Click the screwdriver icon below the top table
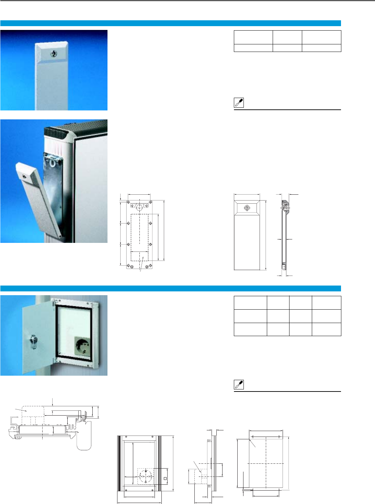click(x=238, y=103)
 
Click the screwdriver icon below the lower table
click(x=238, y=385)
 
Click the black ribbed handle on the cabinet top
click(x=57, y=131)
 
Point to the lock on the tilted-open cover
click(x=24, y=176)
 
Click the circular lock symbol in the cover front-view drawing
click(x=247, y=208)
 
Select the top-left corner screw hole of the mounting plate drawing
click(x=128, y=202)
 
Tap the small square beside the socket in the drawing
click(x=165, y=479)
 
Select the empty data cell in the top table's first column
click(x=253, y=48)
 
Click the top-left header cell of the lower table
click(x=250, y=303)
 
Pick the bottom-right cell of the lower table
click(x=326, y=329)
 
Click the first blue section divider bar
click(x=170, y=23)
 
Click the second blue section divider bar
click(x=170, y=288)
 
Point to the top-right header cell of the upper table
click(x=321, y=37)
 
